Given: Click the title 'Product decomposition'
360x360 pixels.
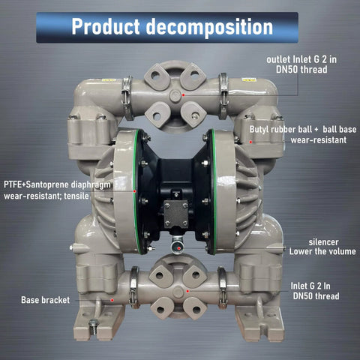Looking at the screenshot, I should [x=172, y=27].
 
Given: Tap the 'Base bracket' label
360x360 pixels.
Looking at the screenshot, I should [x=45, y=299].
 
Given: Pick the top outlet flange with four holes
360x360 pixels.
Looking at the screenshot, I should [x=175, y=96].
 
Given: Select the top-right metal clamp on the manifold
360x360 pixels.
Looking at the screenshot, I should [x=223, y=96].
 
